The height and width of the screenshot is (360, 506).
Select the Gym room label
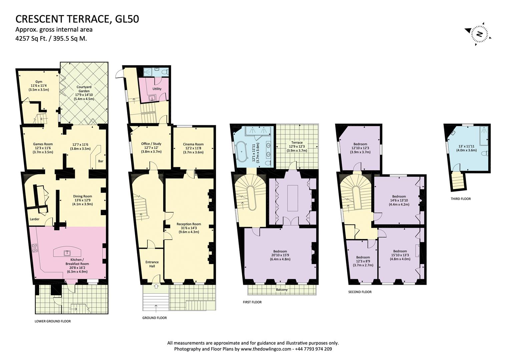[39, 82]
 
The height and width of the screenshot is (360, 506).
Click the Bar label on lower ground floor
[100, 161]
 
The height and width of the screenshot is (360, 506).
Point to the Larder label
[35, 219]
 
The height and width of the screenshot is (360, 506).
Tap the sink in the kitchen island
[65, 253]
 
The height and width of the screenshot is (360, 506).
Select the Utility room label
[157, 89]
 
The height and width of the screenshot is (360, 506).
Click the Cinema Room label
[193, 144]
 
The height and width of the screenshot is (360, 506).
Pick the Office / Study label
[151, 144]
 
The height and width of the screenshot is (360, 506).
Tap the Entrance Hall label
[152, 264]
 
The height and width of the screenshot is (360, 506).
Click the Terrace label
[297, 142]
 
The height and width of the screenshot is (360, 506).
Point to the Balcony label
[282, 290]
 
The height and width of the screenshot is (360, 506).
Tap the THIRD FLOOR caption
[461, 199]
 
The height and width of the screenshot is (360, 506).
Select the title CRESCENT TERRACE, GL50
[77, 19]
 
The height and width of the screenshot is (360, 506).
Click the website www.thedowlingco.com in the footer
[266, 349]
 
